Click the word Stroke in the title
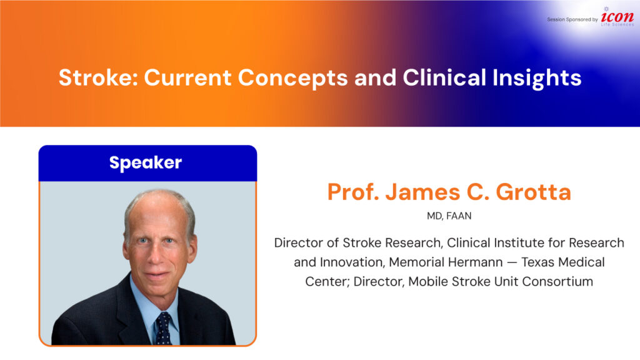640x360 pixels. point(98,77)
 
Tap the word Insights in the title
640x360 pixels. point(537,78)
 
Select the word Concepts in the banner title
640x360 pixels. point(292,78)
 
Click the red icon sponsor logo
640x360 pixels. point(617,17)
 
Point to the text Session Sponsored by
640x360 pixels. point(572,19)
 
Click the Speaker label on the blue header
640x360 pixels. point(146,163)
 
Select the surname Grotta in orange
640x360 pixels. point(533,192)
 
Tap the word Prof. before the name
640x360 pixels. point(353,192)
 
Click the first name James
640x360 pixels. point(423,192)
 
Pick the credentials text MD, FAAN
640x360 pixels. point(449,216)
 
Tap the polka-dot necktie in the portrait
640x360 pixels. point(164,328)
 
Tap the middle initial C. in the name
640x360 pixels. point(478,192)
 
